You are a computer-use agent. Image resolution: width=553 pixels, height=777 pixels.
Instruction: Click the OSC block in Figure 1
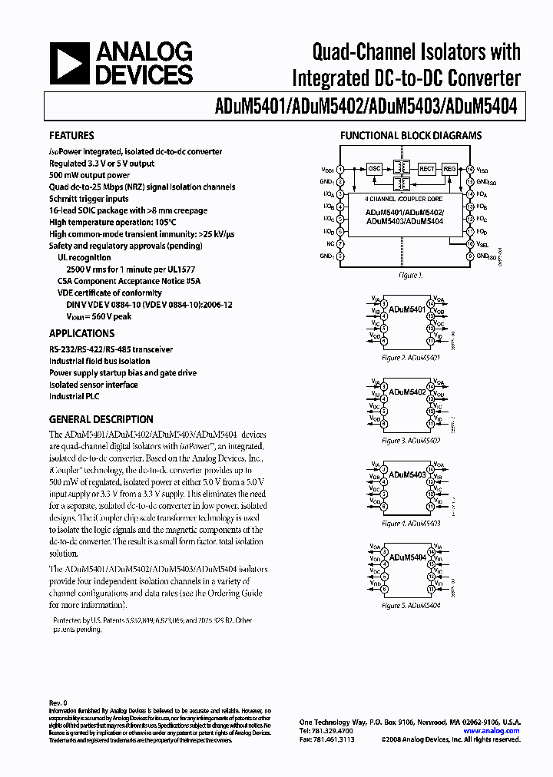374,167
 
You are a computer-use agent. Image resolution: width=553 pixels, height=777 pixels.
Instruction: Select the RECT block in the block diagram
426,167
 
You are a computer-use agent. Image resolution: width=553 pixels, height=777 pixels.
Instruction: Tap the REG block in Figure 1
449,167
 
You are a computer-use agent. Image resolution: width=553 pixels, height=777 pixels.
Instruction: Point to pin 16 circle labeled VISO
470,167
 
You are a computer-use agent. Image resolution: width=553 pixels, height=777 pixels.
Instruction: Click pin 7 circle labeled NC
340,243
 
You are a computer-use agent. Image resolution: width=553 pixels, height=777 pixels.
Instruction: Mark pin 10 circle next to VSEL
470,243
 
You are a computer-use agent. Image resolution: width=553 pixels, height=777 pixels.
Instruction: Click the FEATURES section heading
71,136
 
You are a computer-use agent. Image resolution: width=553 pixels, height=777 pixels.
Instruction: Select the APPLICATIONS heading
81,334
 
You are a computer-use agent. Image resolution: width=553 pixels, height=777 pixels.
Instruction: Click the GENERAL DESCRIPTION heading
101,420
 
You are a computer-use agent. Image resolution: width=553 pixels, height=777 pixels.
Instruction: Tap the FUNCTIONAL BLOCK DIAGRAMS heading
411,136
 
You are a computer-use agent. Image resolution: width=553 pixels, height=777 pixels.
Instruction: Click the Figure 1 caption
410,275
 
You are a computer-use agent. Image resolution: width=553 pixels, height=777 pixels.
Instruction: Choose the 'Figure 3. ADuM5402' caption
411,441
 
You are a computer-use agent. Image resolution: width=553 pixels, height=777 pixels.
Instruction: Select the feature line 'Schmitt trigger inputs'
90,199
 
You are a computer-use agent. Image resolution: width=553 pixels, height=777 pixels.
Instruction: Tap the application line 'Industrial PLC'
75,396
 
